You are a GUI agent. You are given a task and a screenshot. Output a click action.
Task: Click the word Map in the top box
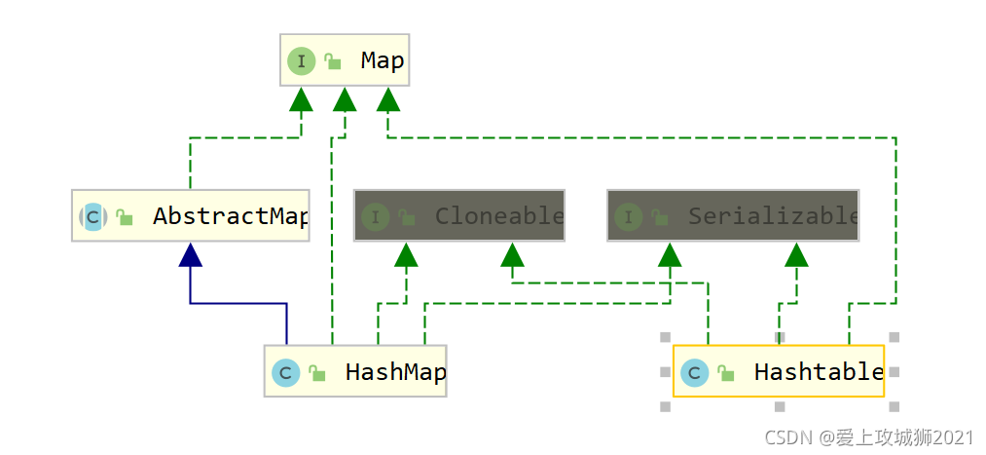tap(382, 60)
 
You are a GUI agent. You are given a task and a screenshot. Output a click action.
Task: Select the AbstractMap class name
tap(230, 216)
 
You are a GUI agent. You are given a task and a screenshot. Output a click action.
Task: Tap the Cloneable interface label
tap(498, 216)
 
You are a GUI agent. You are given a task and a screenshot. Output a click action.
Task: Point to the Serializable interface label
tap(773, 216)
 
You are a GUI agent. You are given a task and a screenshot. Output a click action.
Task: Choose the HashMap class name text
tap(395, 372)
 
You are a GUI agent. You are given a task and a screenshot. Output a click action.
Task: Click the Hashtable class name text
tap(818, 372)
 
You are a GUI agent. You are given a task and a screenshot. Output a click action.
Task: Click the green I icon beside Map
tap(302, 61)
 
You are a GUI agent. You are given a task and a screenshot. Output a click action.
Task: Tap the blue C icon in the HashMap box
tap(285, 372)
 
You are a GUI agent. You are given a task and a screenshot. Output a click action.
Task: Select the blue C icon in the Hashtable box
tap(694, 372)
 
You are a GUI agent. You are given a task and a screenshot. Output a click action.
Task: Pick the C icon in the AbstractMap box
tap(93, 216)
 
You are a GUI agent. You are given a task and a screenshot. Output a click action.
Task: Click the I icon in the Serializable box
tap(629, 216)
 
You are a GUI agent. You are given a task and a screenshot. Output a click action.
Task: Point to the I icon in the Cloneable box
tap(376, 216)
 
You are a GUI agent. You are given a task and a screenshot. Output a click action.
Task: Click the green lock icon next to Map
tap(333, 62)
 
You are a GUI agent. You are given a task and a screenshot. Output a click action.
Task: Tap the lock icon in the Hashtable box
tap(726, 373)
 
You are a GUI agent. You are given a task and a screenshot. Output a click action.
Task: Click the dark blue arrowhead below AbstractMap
tap(191, 255)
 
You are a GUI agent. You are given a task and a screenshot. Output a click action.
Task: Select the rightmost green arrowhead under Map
tap(388, 99)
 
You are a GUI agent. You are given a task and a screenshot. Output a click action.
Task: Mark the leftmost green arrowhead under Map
tap(301, 99)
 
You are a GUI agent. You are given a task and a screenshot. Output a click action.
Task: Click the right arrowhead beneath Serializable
tap(797, 255)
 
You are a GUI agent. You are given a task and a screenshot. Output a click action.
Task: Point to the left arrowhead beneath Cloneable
tap(406, 255)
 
